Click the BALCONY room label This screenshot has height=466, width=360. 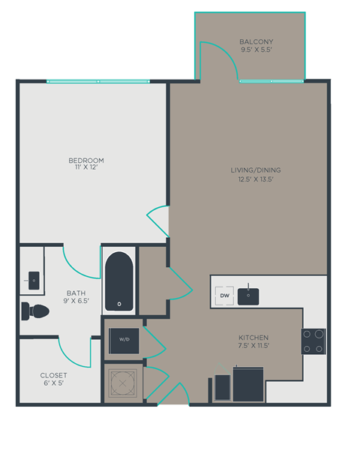click(x=256, y=41)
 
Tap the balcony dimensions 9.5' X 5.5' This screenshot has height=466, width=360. click(x=256, y=50)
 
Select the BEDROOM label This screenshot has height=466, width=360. click(x=86, y=161)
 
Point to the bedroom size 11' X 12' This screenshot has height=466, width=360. click(x=86, y=169)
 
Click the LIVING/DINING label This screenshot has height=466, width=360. click(x=256, y=170)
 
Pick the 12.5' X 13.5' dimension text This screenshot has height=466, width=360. click(x=256, y=179)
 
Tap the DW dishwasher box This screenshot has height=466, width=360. click(x=224, y=296)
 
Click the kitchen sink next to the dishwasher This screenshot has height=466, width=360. click(x=248, y=296)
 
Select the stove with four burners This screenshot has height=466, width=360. click(x=313, y=341)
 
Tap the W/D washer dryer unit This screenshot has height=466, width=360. click(x=121, y=340)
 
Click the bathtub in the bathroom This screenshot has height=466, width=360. click(x=119, y=282)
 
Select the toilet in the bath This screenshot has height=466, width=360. click(x=34, y=310)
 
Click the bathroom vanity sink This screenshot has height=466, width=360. click(x=34, y=280)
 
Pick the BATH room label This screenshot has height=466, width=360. click(x=76, y=293)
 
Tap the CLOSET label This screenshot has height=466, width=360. click(x=54, y=375)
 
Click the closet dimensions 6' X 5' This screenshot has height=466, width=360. click(x=54, y=384)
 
